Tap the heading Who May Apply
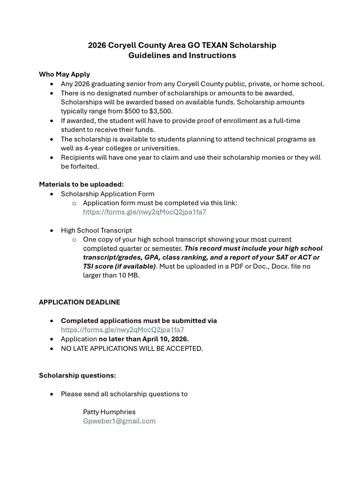64,74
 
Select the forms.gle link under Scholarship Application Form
144,211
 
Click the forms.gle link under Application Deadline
122,329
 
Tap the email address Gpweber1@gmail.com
119,421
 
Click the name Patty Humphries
109,412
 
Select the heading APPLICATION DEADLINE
79,302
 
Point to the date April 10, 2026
162,339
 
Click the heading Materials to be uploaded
81,184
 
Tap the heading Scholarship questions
77,375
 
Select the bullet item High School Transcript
96,230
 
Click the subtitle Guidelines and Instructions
182,55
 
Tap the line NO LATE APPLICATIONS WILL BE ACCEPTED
132,348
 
